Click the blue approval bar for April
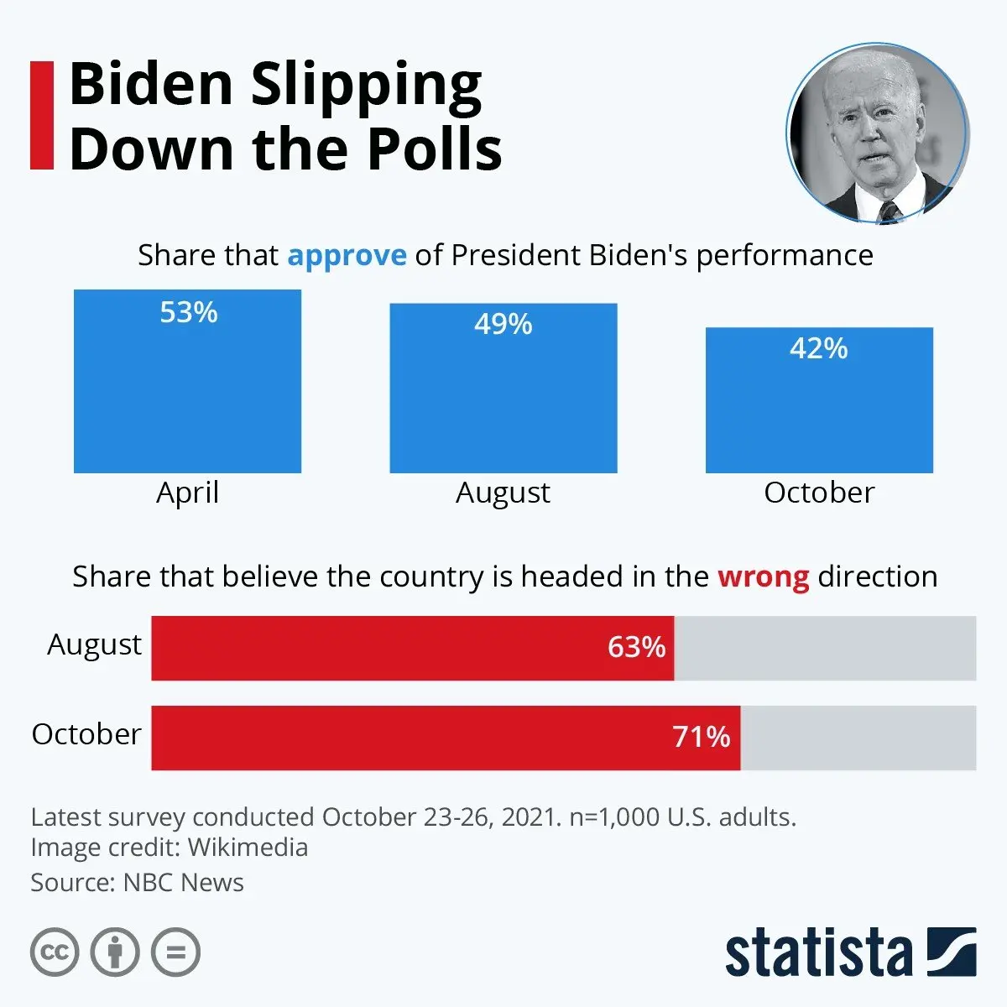pos(187,394)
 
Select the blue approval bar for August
pos(503,403)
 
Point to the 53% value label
pos(189,312)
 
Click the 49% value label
pos(503,324)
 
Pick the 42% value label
pos(819,348)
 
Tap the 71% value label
pos(702,737)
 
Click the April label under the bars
pos(187,493)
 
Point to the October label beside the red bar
pos(86,734)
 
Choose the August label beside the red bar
pos(94,644)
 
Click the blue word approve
pos(347,255)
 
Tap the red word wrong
pos(763,577)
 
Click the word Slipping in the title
pos(367,86)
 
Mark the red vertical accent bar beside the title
pos(41,115)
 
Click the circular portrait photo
pos(878,134)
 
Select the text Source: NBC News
pos(137,883)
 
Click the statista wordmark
pos(818,953)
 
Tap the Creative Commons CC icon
pos(55,952)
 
